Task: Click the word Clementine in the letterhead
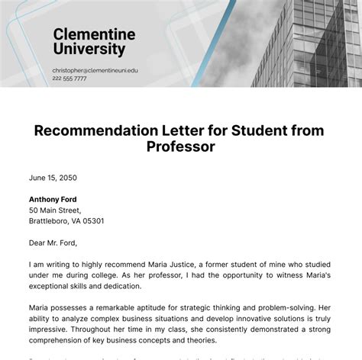(x=94, y=34)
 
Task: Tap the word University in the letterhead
(x=89, y=49)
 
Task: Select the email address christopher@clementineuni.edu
(x=95, y=69)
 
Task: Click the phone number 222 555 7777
(x=69, y=78)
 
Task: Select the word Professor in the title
(x=180, y=146)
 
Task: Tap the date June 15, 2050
(x=53, y=178)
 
